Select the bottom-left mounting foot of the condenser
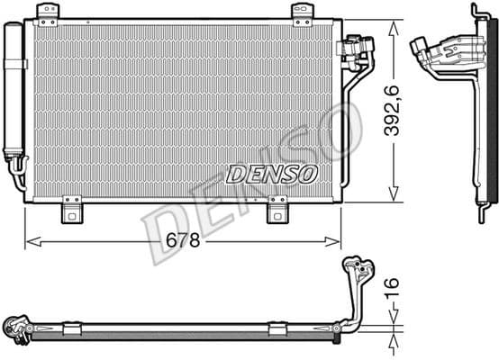72,212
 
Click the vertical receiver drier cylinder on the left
14,90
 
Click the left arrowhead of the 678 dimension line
30,240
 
